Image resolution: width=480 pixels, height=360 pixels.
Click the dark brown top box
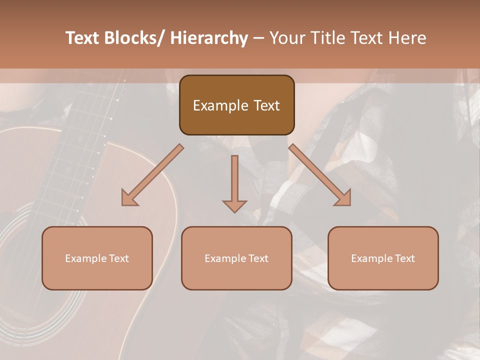click(236, 105)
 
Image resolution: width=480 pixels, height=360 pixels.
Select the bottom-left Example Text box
click(97, 258)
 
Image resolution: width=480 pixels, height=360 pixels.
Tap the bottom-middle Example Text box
click(236, 258)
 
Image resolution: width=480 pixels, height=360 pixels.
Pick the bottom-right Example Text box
click(383, 258)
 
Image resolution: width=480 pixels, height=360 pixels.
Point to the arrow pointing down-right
click(320, 175)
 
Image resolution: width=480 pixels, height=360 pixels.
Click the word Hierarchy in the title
click(209, 38)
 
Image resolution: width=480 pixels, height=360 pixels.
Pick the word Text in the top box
click(266, 105)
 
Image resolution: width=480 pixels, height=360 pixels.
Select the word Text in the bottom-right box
click(404, 258)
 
